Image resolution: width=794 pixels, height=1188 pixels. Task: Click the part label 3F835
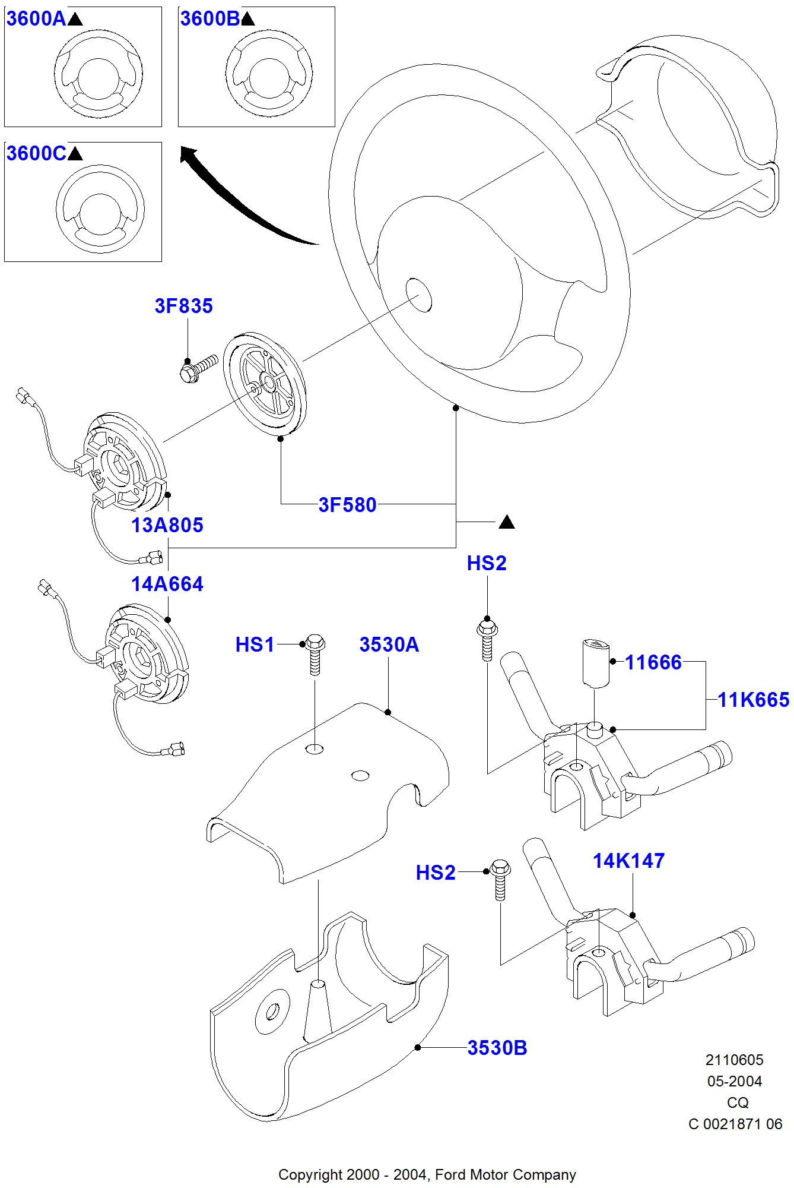[183, 306]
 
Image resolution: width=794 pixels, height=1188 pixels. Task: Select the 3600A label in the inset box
[36, 19]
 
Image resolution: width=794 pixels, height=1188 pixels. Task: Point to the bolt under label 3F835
[198, 368]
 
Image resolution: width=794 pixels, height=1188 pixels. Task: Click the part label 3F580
[347, 505]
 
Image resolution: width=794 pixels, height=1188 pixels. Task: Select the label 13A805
[167, 525]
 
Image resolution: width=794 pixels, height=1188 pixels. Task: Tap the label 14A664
[167, 584]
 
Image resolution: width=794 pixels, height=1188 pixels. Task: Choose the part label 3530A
[389, 644]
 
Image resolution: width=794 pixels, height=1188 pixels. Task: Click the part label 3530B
[497, 1048]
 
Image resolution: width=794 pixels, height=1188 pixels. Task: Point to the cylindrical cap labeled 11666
[596, 662]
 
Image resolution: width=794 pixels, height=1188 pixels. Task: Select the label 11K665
[753, 700]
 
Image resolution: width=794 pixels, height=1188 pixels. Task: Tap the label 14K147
[628, 861]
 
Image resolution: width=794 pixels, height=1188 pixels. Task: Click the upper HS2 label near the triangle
[487, 563]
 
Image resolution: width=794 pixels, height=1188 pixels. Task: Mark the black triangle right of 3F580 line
[506, 522]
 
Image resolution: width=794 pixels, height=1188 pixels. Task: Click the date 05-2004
[734, 1081]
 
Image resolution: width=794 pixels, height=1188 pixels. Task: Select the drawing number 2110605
[734, 1060]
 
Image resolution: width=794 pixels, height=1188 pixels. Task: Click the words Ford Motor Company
[505, 1174]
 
